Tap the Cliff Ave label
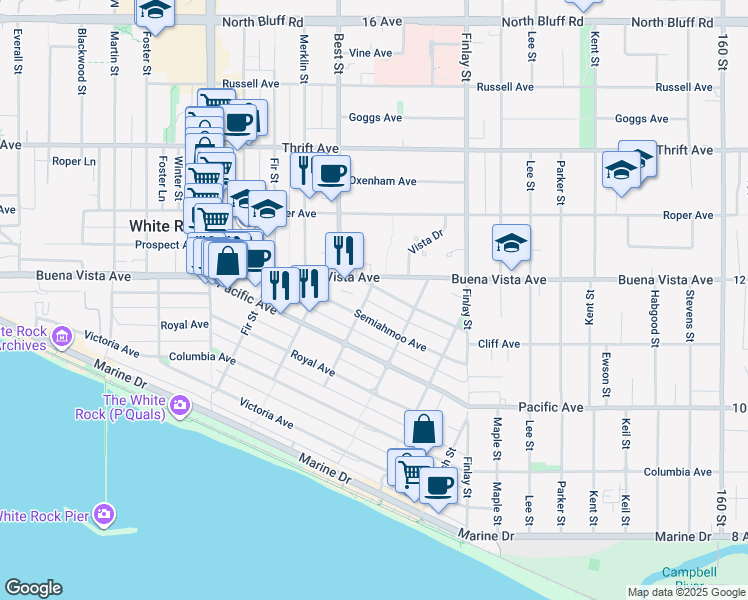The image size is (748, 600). pos(498,344)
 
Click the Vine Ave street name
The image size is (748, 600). pos(370,52)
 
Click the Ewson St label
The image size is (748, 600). pos(606,371)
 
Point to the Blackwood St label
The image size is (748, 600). pos(81,54)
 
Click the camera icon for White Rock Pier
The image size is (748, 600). pos(105,514)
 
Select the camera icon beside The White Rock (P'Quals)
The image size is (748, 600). pos(180,405)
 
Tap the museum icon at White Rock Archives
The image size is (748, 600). pos(64,336)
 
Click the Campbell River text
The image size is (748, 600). pos(688,579)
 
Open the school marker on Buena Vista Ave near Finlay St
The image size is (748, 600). pos(510,244)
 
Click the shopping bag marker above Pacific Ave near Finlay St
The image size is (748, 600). pos(423,429)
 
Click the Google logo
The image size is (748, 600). pos(33,588)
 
